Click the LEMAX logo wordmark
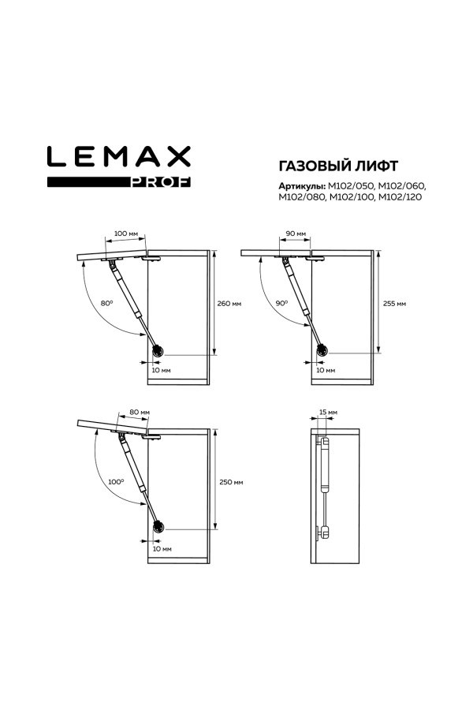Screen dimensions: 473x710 point(118,156)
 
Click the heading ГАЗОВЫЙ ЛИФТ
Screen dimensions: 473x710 point(338,166)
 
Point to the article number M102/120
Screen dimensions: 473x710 point(400,197)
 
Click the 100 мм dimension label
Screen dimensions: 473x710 point(126,234)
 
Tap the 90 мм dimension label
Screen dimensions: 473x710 point(296,234)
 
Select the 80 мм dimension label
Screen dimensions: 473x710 point(140,412)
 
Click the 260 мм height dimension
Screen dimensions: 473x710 point(229,304)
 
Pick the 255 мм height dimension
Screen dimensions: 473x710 point(394,304)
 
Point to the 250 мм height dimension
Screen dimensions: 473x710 point(231,482)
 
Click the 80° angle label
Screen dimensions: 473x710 point(106,304)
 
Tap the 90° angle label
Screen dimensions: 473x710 point(281,304)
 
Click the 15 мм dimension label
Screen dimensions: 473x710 point(328,412)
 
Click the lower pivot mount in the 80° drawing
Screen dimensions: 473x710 point(158,351)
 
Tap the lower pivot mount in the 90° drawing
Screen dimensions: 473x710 point(322,350)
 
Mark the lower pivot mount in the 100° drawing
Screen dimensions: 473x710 point(158,527)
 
